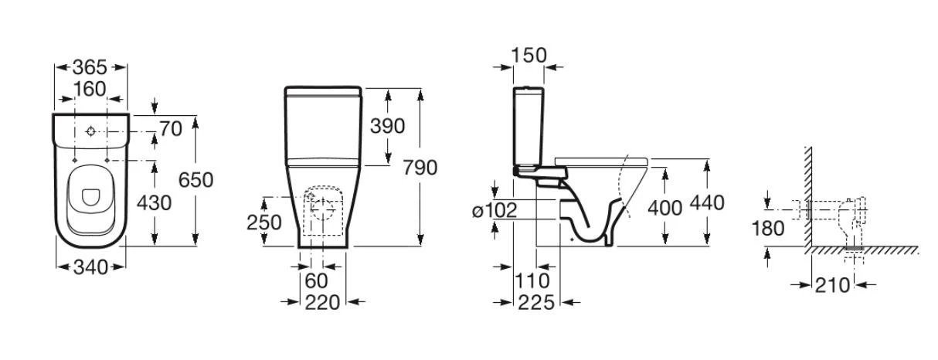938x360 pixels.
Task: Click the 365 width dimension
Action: click(x=90, y=67)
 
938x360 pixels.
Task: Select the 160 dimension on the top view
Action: click(x=90, y=89)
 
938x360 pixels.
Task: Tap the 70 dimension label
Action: click(x=171, y=129)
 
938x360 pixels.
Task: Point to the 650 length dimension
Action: click(x=195, y=180)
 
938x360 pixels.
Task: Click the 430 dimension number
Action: click(x=154, y=203)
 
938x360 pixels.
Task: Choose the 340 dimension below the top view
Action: click(x=90, y=267)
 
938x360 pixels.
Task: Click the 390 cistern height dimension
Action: click(x=387, y=126)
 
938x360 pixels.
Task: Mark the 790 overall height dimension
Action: click(x=420, y=168)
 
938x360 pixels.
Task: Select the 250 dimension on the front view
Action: click(x=263, y=222)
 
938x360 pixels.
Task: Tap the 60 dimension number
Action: click(x=316, y=281)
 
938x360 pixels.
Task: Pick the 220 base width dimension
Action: click(x=322, y=303)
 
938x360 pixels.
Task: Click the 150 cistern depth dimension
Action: click(x=529, y=56)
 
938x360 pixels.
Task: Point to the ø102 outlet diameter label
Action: click(x=494, y=210)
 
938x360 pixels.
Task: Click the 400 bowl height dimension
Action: click(x=665, y=208)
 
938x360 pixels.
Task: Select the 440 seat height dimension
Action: click(x=707, y=203)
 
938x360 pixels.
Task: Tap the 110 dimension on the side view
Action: click(x=532, y=281)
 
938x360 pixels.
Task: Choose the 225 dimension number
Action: click(x=536, y=303)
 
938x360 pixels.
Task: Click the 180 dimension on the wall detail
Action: click(x=768, y=229)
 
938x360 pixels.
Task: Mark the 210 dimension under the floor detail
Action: click(x=832, y=286)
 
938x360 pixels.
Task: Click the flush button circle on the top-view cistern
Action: click(x=91, y=131)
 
